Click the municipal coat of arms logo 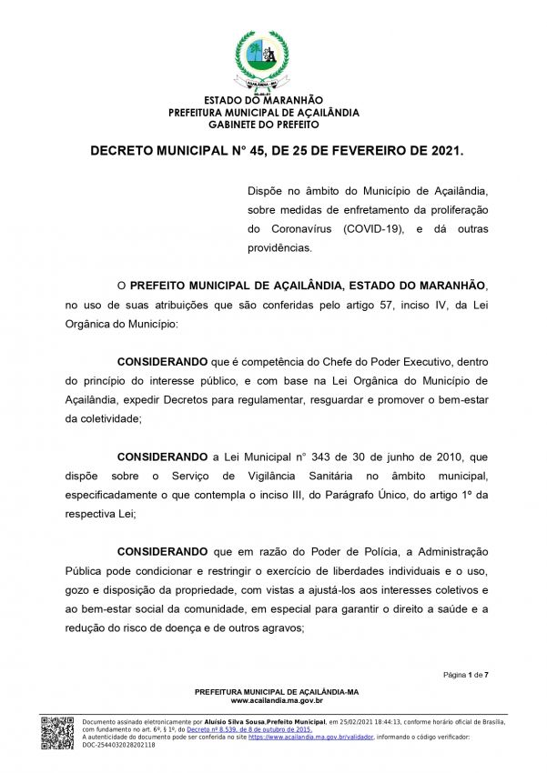[x=264, y=59]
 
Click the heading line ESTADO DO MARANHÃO [x=264, y=100]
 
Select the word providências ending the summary [x=279, y=248]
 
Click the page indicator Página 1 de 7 [x=467, y=675]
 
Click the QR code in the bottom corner [x=57, y=733]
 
